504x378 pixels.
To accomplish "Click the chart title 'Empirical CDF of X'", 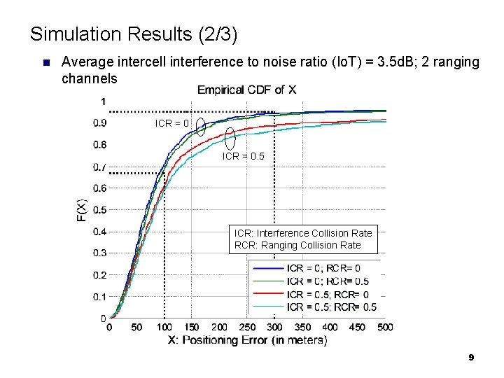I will pyautogui.click(x=246, y=90).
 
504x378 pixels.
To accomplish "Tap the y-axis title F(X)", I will pyautogui.click(x=81, y=210).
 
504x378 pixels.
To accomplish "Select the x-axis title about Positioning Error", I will pyautogui.click(x=247, y=340).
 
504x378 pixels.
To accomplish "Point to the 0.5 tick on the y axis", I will pyautogui.click(x=100, y=209).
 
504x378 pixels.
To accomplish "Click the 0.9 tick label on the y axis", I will pyautogui.click(x=100, y=123).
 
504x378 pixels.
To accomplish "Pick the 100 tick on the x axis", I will pyautogui.click(x=164, y=327).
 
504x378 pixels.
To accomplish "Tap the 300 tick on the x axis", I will pyautogui.click(x=274, y=327).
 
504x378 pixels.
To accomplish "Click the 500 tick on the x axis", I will pyautogui.click(x=385, y=327).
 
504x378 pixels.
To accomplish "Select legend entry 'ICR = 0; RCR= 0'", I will pyautogui.click(x=323, y=268).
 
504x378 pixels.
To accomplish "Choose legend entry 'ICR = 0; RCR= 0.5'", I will pyautogui.click(x=327, y=281).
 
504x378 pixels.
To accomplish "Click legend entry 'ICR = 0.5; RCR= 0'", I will pyautogui.click(x=327, y=294).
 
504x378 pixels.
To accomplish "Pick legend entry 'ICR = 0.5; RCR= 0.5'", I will pyautogui.click(x=331, y=307).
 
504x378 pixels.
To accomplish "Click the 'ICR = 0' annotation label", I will pyautogui.click(x=171, y=124).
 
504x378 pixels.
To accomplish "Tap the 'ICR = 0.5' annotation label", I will pyautogui.click(x=244, y=157).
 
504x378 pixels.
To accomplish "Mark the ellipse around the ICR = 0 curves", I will pyautogui.click(x=201, y=126).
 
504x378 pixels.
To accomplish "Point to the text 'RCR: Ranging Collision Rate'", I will pyautogui.click(x=297, y=245).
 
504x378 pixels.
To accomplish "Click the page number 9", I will pyautogui.click(x=471, y=358).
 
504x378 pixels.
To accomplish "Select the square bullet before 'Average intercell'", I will pyautogui.click(x=46, y=63).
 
